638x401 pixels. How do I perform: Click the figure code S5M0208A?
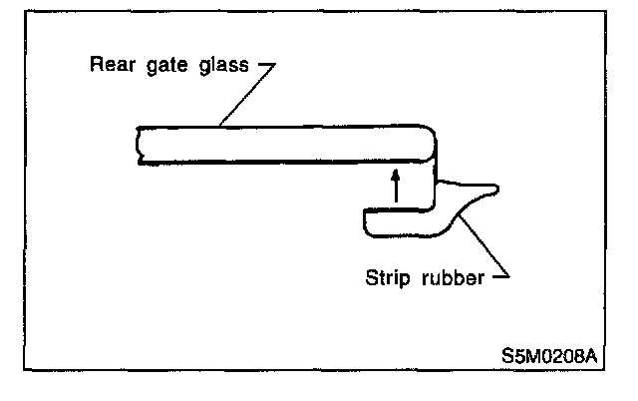click(x=551, y=355)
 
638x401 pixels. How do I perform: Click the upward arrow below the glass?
click(x=396, y=188)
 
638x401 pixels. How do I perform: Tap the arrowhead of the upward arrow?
click(x=396, y=174)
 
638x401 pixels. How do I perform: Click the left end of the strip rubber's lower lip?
click(x=367, y=222)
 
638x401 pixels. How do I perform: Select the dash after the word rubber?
click(x=502, y=276)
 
